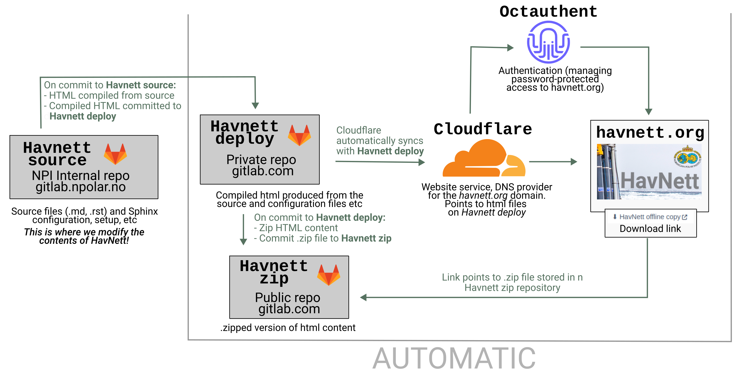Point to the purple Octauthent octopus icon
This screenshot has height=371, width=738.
(548, 42)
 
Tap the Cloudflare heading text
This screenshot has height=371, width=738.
(483, 129)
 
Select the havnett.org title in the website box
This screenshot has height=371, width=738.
(650, 132)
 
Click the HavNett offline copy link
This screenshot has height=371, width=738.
(650, 217)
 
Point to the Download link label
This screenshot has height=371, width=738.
(650, 229)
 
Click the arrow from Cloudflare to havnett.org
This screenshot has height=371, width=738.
(553, 162)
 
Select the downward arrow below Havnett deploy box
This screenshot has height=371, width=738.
(244, 230)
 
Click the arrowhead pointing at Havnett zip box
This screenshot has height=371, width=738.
(363, 298)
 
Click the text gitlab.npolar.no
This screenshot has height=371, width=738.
(81, 187)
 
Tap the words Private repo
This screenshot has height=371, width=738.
(261, 160)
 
